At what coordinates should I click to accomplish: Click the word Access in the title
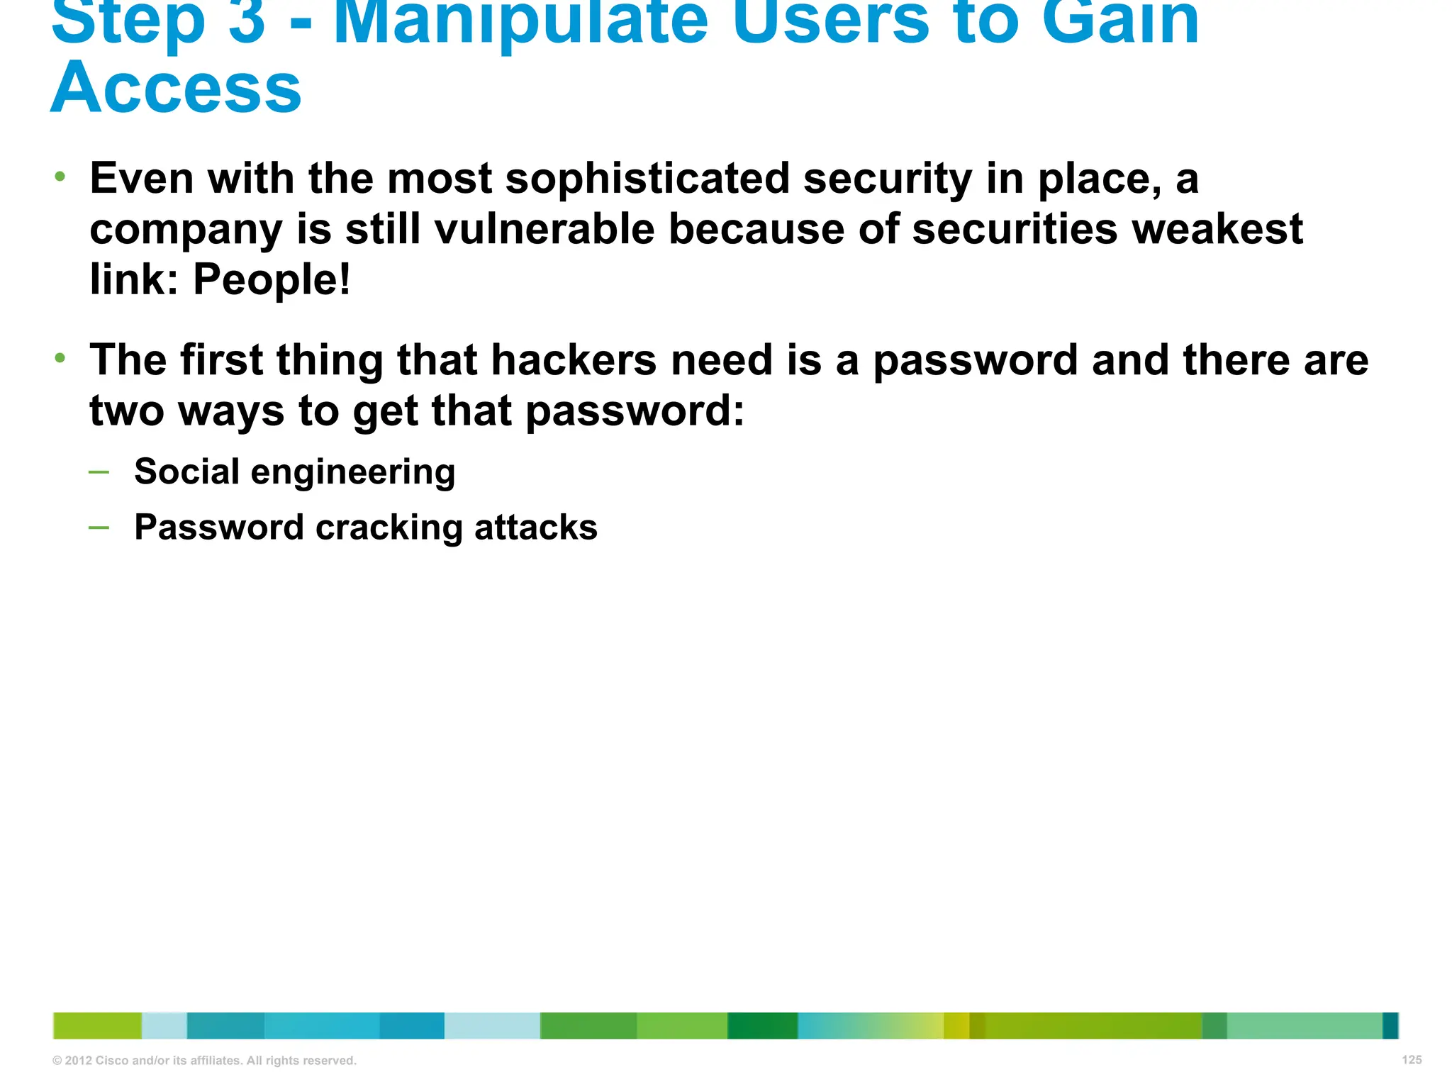tap(176, 89)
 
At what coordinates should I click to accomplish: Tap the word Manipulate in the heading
tap(520, 21)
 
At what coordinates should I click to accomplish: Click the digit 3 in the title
tap(247, 21)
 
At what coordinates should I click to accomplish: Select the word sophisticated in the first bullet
tap(647, 179)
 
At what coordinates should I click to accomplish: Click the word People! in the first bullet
tap(272, 279)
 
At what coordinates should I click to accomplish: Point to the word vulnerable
tap(544, 230)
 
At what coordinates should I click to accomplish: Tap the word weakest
tap(1217, 230)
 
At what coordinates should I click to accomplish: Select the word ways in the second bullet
tap(230, 411)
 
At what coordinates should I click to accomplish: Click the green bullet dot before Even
tap(60, 176)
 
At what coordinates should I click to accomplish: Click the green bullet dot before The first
tap(60, 358)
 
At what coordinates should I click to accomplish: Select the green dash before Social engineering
tap(99, 471)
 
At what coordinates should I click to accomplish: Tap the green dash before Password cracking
tap(99, 527)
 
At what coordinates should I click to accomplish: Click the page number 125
tap(1412, 1060)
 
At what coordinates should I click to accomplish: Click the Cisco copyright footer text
tap(204, 1061)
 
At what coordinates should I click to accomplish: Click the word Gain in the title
tap(1119, 21)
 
